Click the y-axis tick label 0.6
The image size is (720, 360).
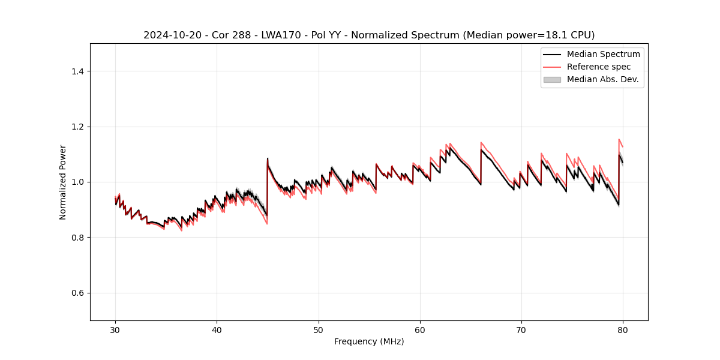78,293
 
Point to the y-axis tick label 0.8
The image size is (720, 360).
78,238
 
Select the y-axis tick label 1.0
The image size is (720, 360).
78,182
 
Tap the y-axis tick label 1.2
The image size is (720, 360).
78,127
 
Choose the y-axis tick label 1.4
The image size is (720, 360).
78,71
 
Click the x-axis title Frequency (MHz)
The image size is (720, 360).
369,341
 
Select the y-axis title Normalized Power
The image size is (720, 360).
63,182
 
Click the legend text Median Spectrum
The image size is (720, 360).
603,54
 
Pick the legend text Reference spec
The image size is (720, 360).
599,67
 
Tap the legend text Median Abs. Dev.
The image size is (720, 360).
602,79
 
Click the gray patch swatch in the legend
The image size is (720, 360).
551,79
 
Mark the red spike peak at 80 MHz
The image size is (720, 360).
619,139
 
